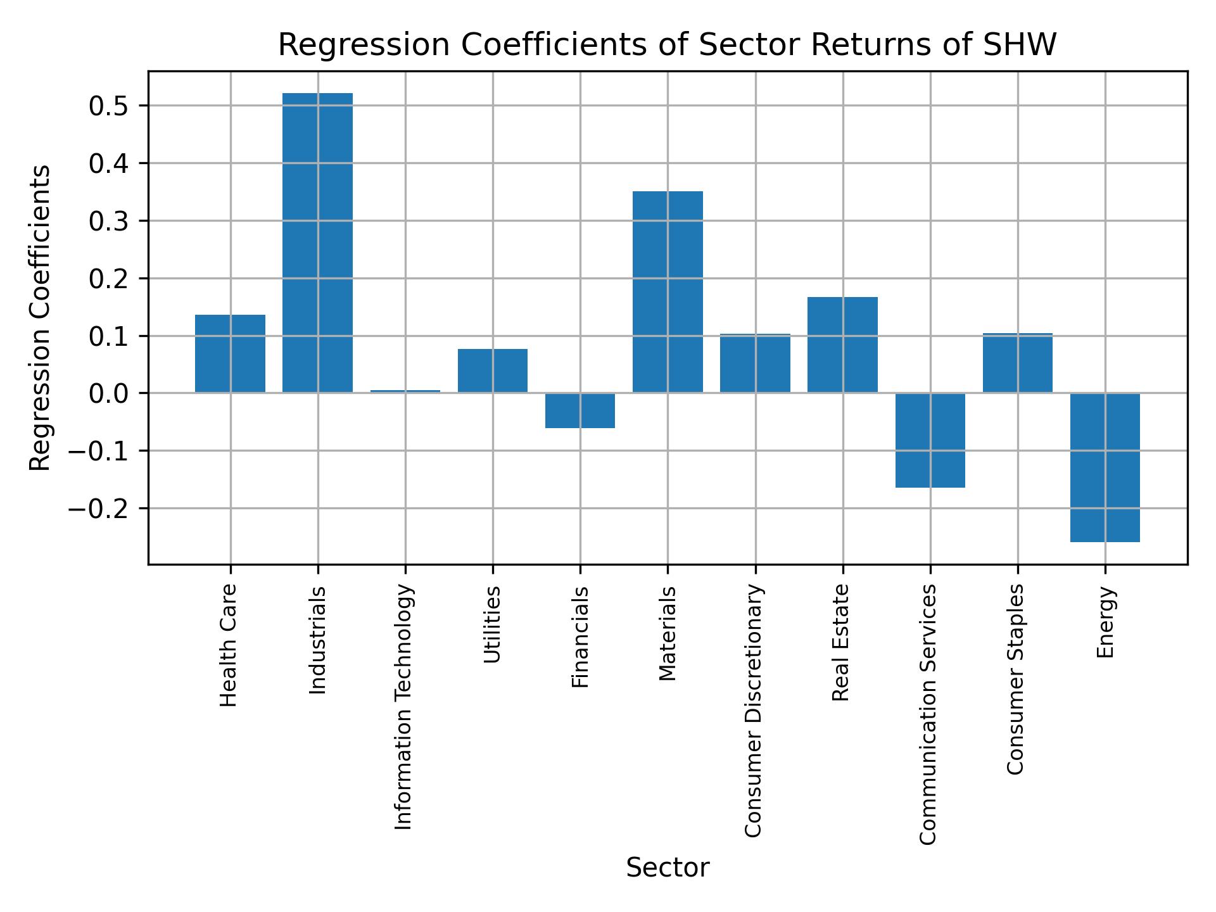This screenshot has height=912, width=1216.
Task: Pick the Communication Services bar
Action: click(x=930, y=440)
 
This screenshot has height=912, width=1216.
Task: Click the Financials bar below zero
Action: click(x=579, y=410)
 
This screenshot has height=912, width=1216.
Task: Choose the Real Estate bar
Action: click(x=842, y=345)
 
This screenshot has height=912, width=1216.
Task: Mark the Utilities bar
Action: click(x=492, y=370)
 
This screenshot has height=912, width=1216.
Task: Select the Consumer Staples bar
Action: click(x=1017, y=362)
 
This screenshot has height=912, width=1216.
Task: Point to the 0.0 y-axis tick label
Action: click(x=110, y=393)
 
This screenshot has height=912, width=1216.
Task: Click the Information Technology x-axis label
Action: click(x=404, y=707)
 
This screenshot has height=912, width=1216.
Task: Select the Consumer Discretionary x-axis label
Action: click(x=754, y=711)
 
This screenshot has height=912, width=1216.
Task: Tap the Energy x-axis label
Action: click(x=1105, y=622)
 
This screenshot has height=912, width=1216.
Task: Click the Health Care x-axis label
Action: click(x=229, y=645)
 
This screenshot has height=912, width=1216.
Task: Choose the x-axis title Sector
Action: click(x=668, y=868)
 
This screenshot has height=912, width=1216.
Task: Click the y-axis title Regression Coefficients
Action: click(x=41, y=317)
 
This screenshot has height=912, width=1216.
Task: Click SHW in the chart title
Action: click(x=1021, y=46)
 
